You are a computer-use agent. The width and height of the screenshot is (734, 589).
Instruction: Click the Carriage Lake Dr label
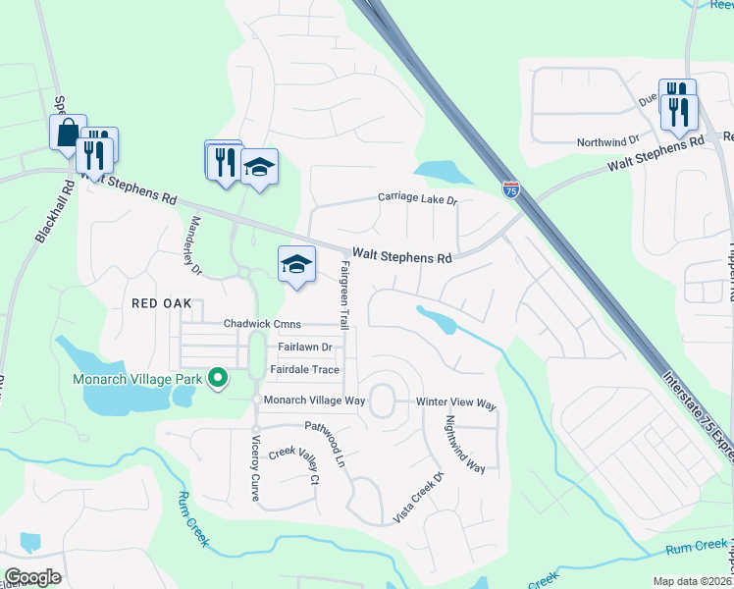tap(418, 199)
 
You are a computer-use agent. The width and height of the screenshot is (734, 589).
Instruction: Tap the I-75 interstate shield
tap(510, 188)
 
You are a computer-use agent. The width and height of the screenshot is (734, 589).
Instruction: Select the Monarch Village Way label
tap(314, 401)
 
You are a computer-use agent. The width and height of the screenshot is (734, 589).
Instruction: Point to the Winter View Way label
tap(456, 404)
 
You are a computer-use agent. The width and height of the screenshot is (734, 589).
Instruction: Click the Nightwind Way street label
tap(464, 445)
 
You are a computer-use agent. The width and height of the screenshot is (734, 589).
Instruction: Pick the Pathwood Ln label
tap(327, 443)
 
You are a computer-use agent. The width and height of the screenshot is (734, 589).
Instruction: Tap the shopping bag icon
tap(68, 134)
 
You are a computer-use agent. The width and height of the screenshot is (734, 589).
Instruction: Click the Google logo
tap(32, 577)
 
